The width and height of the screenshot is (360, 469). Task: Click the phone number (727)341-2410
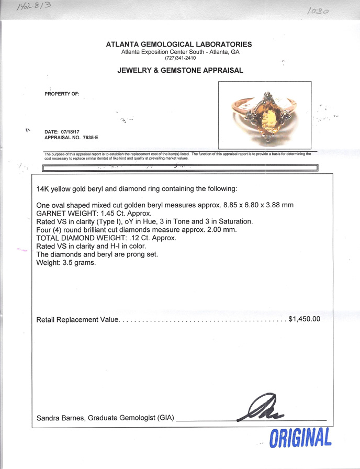(x=179, y=58)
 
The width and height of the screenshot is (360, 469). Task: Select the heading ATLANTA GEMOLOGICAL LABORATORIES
(x=179, y=44)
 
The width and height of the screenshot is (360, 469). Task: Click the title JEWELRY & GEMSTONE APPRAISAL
(x=179, y=70)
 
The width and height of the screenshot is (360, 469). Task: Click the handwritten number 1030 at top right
(x=319, y=10)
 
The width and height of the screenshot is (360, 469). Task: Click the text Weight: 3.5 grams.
(x=66, y=262)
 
